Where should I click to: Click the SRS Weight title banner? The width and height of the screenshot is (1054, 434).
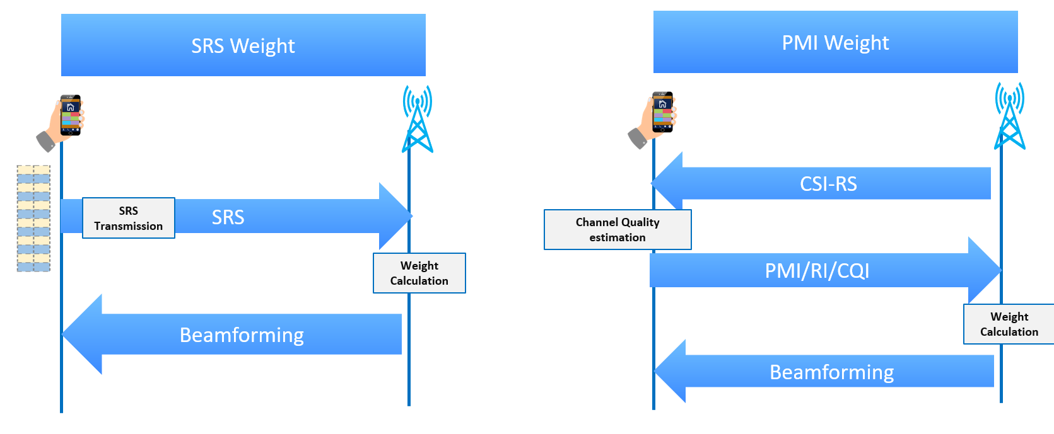(x=243, y=45)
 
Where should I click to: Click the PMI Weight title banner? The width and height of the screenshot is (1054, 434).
(x=835, y=42)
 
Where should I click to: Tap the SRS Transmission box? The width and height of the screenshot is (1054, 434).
(x=129, y=218)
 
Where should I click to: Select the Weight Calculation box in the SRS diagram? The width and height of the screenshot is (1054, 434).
(x=419, y=273)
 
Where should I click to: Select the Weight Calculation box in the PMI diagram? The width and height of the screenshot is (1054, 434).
(x=1009, y=324)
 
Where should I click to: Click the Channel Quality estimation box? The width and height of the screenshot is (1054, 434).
(x=618, y=229)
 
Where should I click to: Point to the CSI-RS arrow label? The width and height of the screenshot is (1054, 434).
(x=828, y=184)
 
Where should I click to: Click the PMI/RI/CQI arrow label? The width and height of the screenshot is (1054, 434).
(x=817, y=271)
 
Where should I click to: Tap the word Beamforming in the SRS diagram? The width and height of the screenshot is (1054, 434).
(x=242, y=334)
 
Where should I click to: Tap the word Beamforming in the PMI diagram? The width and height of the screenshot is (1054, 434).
(x=831, y=372)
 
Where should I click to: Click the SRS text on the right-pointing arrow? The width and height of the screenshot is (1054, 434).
(x=228, y=217)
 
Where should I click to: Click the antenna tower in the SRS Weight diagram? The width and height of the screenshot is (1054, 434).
(x=418, y=120)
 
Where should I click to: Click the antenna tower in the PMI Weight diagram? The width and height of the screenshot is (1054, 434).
(x=1009, y=117)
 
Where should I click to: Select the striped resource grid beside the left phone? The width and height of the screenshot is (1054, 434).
(x=33, y=218)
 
